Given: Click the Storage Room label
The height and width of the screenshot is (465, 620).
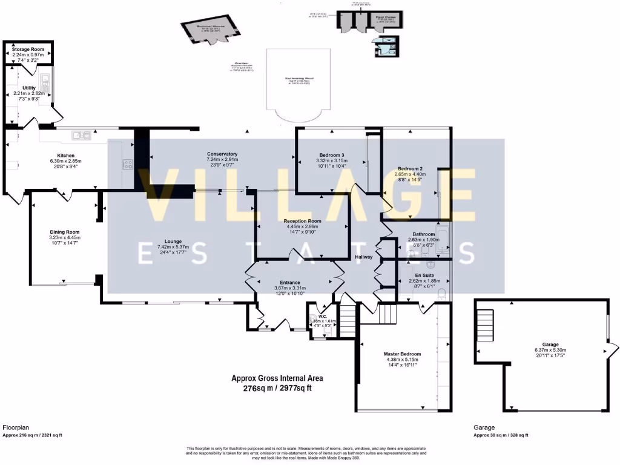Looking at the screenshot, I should click(x=29, y=48).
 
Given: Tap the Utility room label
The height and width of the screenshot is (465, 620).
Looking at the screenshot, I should click(x=29, y=88).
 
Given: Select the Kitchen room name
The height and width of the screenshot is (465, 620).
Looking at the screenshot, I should click(x=65, y=156).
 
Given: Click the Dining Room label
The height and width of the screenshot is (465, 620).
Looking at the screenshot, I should click(x=65, y=232).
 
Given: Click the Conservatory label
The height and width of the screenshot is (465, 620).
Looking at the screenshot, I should click(x=222, y=154).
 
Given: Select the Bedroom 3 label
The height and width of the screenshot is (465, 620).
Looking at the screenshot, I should click(x=331, y=155).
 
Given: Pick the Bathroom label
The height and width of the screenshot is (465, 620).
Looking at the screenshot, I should click(x=424, y=234).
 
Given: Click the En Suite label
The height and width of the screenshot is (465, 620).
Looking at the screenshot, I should click(x=423, y=275).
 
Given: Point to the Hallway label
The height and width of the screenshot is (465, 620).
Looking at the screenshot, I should click(x=364, y=257).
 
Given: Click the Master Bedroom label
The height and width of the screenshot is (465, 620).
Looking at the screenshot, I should click(x=401, y=354).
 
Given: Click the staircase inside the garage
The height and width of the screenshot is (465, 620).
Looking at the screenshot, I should click(x=485, y=319).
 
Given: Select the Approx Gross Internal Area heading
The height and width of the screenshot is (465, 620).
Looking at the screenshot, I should click(x=277, y=378).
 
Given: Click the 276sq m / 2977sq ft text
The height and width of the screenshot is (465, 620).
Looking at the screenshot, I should click(x=277, y=389).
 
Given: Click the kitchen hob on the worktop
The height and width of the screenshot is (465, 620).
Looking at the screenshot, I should click(x=128, y=163).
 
